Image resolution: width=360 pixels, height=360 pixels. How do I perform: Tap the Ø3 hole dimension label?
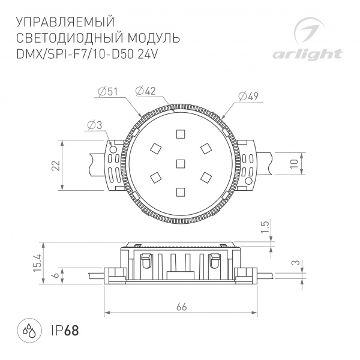(94, 125)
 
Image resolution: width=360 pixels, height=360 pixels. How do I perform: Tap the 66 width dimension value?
(181, 306)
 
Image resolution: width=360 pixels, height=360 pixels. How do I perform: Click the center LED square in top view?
(180, 163)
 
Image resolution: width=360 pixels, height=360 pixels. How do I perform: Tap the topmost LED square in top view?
(180, 134)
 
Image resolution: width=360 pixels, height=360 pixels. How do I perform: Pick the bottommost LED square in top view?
(180, 191)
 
